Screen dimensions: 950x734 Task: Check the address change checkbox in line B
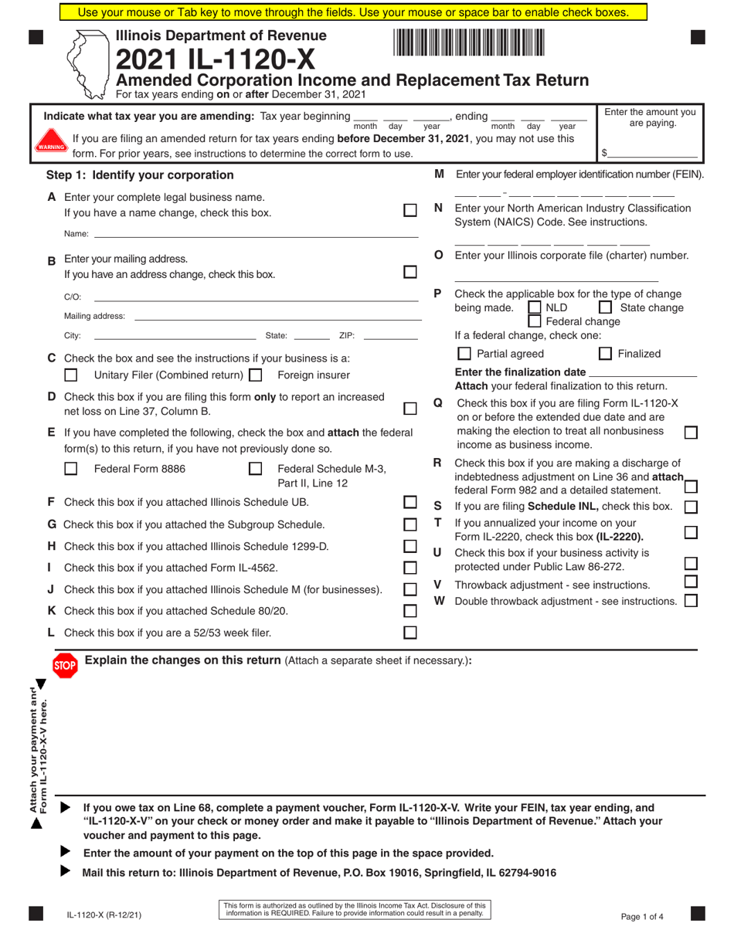pyautogui.click(x=410, y=272)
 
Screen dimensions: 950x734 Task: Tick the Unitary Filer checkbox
pyautogui.click(x=71, y=375)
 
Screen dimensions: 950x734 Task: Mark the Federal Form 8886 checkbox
pyautogui.click(x=71, y=468)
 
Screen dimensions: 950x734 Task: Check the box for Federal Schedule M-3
pyautogui.click(x=256, y=468)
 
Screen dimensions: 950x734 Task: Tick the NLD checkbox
pyautogui.click(x=534, y=308)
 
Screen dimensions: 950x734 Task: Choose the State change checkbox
pyautogui.click(x=607, y=308)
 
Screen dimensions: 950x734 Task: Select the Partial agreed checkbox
pyautogui.click(x=464, y=354)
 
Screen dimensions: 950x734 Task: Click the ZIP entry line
pyautogui.click(x=390, y=334)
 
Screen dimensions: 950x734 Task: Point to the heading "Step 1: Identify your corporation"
pyautogui.click(x=140, y=175)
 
